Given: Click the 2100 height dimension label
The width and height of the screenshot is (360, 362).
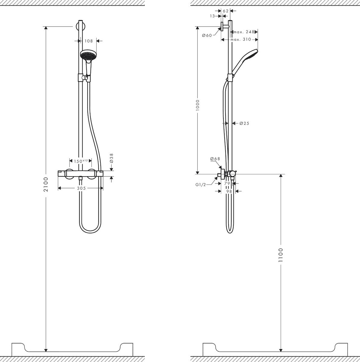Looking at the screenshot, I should (46, 185).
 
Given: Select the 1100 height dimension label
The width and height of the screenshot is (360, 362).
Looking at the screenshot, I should (281, 255).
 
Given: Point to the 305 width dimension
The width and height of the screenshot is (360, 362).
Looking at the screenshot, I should (81, 188).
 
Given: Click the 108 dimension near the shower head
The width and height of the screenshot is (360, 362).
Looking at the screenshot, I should (88, 41).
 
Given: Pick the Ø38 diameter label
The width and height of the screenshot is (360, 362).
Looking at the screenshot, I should (111, 158).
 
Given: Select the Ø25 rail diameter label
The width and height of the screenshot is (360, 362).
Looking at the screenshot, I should (244, 123).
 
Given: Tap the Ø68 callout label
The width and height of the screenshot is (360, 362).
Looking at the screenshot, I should (215, 159).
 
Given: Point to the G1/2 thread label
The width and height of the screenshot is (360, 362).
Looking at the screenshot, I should (200, 185).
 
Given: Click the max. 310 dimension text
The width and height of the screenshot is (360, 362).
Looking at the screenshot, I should (241, 40).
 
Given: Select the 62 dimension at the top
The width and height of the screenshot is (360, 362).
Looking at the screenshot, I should (225, 11).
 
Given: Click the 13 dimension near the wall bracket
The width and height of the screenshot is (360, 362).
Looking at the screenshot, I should (212, 16).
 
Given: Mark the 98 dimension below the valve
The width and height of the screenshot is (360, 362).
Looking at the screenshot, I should (229, 191).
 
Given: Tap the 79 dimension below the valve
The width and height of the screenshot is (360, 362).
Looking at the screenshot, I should (227, 183).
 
